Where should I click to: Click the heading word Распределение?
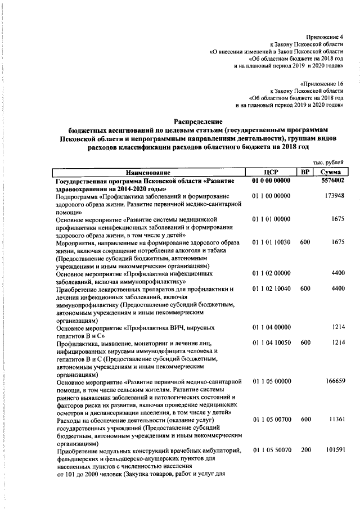pyautogui.click(x=198, y=121)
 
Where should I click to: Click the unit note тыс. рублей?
pyautogui.click(x=328, y=162)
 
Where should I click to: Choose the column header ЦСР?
pyautogui.click(x=272, y=172)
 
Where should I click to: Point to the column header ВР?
pyautogui.click(x=304, y=172)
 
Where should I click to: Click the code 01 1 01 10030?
pyautogui.click(x=272, y=242)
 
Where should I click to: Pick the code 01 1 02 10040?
pyautogui.click(x=272, y=288)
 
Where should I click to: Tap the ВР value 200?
pyautogui.click(x=305, y=451)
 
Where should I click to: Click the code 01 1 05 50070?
pyautogui.click(x=272, y=451)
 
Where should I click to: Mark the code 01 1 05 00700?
pyautogui.click(x=272, y=420)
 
